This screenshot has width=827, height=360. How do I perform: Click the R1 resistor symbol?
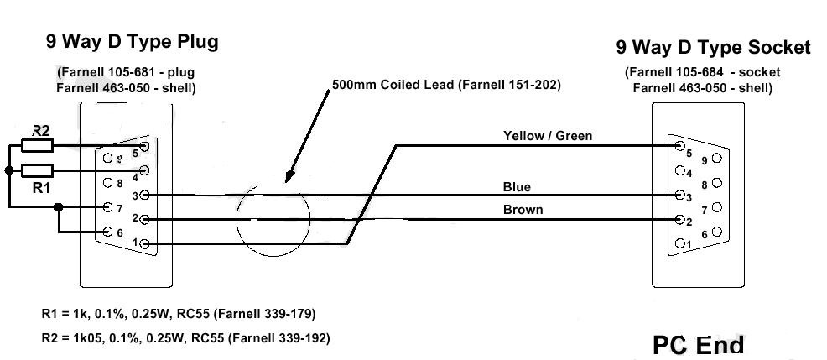39,170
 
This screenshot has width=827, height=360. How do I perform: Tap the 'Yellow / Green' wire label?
547,135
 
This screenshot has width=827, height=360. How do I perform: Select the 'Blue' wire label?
517,186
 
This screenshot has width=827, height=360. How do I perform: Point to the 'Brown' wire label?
523,209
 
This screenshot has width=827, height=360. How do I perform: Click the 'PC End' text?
698,344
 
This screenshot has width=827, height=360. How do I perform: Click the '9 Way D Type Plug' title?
133,42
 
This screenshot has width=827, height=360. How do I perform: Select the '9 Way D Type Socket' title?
713,47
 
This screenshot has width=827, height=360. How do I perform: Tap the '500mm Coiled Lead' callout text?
445,85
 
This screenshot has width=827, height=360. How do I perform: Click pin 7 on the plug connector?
107,206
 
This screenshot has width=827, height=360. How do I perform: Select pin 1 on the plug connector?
145,244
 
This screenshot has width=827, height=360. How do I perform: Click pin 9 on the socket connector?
715,157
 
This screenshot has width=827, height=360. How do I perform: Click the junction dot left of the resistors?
8,170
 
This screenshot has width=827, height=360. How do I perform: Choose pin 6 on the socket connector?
715,232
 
